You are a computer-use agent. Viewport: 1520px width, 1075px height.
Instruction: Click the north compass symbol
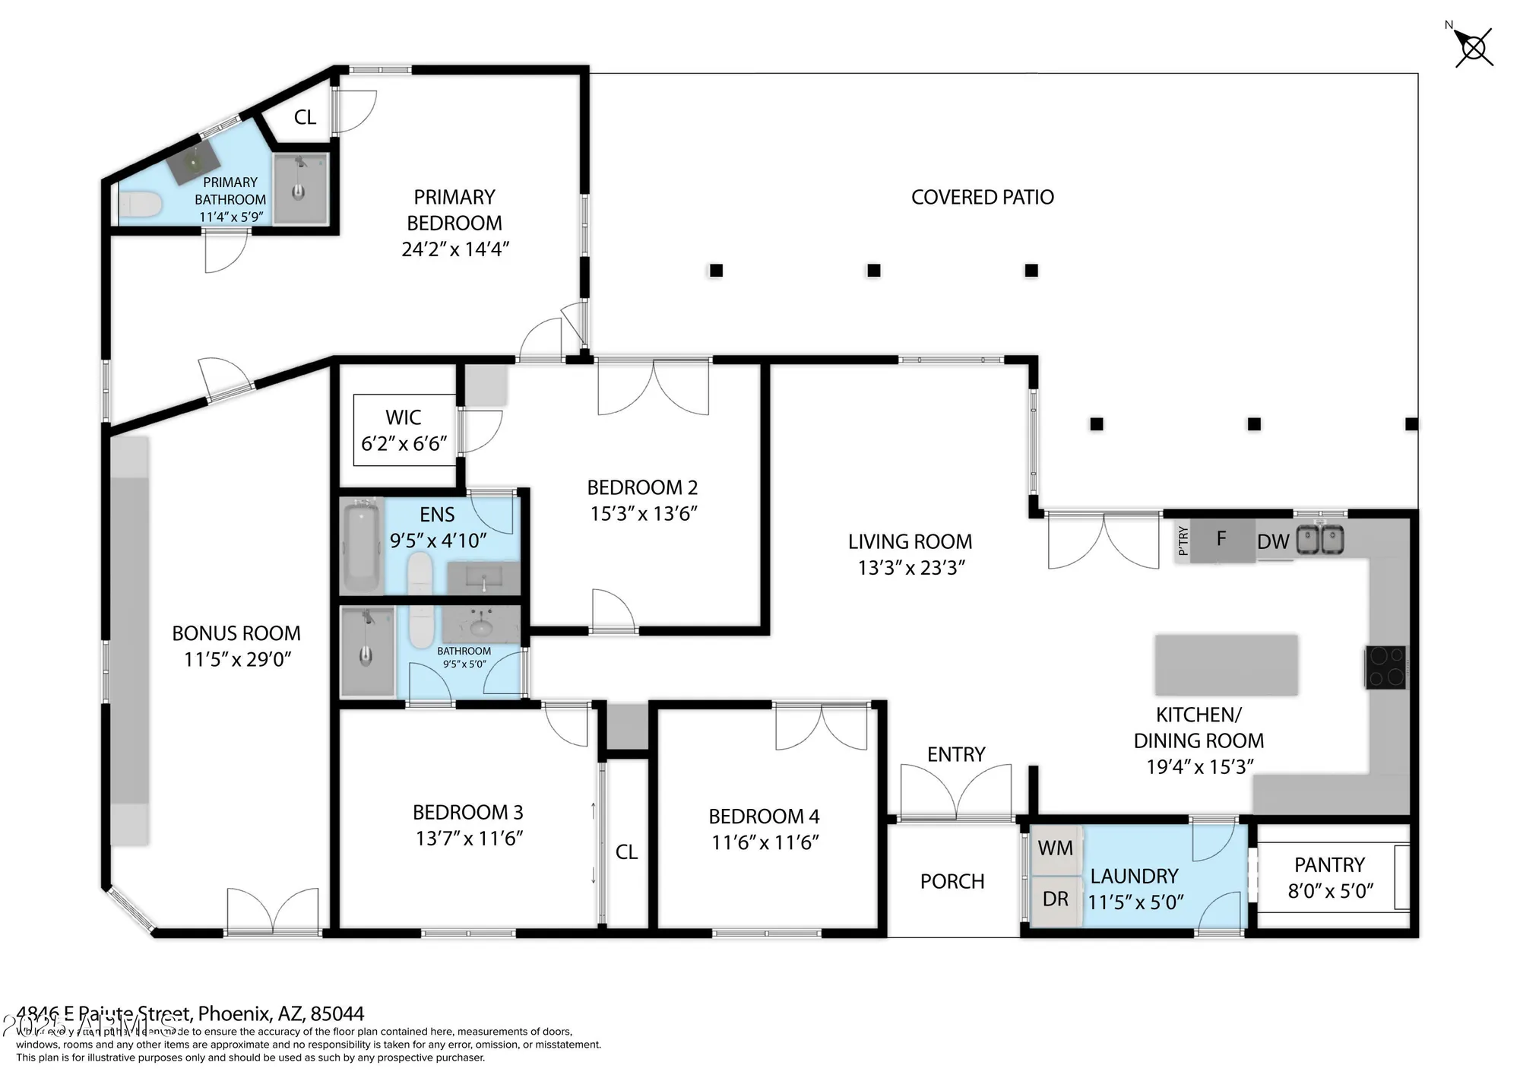point(1474,48)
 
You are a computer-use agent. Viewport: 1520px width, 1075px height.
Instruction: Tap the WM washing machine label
point(1055,848)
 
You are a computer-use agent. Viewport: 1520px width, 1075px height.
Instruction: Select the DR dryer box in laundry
point(1055,899)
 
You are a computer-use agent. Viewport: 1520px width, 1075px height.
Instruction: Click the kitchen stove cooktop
point(1385,668)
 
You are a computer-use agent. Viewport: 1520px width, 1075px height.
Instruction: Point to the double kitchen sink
point(1320,540)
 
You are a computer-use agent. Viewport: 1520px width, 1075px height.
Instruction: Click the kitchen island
point(1226,664)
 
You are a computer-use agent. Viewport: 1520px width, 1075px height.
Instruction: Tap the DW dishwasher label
point(1273,542)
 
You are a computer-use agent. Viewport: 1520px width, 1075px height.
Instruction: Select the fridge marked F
point(1221,539)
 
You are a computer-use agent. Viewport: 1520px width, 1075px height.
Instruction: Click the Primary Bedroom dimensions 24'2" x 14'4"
point(454,249)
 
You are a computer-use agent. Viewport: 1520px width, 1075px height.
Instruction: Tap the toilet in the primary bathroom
point(141,204)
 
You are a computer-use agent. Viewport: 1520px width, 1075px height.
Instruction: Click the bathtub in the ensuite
point(361,545)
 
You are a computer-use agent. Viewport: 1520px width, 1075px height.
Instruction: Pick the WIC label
point(403,417)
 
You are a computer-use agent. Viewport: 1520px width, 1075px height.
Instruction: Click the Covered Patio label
point(982,198)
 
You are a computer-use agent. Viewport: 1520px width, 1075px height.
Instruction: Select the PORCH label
point(952,882)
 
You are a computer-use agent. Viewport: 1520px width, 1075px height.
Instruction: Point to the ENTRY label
point(955,754)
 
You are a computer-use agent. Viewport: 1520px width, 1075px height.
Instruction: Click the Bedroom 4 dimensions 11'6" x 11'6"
point(765,842)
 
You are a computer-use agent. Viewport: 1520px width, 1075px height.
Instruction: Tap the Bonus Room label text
point(236,633)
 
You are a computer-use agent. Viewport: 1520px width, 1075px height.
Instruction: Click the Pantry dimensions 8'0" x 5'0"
point(1330,891)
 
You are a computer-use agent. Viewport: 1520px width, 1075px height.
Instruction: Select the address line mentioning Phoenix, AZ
point(190,1013)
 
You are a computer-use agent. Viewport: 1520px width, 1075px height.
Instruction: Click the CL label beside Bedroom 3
point(626,852)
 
